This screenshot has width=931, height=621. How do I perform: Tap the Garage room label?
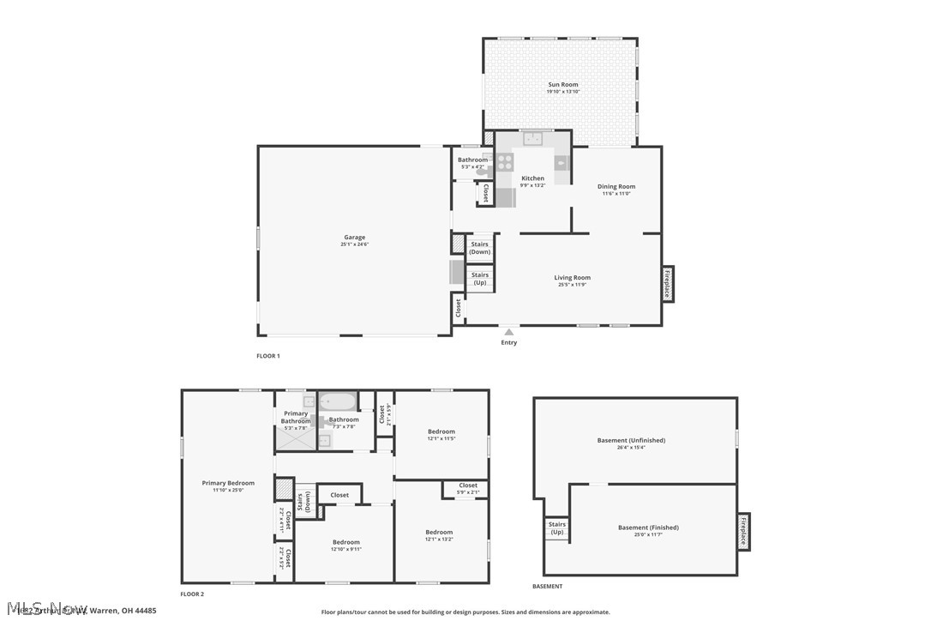[354, 238]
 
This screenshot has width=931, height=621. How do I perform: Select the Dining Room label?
[616, 187]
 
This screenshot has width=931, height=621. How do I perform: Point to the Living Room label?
[572, 278]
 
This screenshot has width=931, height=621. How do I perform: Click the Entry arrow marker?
[509, 331]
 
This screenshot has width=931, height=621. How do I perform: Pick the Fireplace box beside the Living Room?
[668, 284]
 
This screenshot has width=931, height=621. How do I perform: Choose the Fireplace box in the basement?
[743, 531]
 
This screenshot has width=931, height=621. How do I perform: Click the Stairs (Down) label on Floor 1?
[479, 248]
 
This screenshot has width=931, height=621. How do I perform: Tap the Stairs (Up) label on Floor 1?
[479, 279]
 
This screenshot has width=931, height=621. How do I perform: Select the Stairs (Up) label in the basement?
[556, 528]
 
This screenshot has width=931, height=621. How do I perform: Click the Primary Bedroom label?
[228, 484]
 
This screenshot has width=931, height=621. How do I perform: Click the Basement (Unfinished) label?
[631, 441]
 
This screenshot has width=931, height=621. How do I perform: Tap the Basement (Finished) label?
[648, 528]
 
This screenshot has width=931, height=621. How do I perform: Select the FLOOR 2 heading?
[192, 594]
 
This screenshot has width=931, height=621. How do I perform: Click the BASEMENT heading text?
[547, 587]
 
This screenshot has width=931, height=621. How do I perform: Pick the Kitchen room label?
[532, 178]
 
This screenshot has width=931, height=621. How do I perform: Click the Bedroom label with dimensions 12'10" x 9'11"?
[346, 542]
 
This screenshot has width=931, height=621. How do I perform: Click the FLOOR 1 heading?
[268, 356]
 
